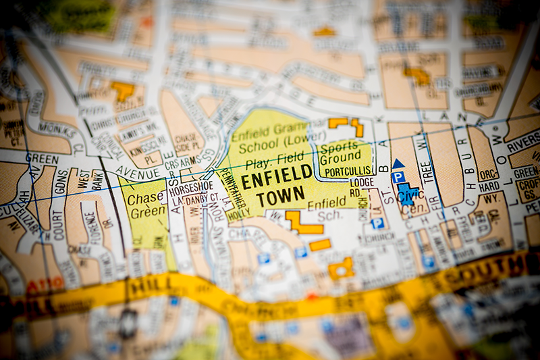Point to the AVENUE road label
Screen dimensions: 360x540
pos(139,170)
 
